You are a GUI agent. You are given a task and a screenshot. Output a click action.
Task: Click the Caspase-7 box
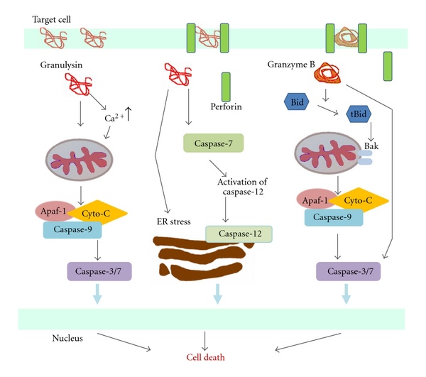click(x=214, y=144)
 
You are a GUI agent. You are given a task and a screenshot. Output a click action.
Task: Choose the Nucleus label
click(x=69, y=338)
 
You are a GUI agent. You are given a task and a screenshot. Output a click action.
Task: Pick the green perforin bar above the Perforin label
click(x=226, y=86)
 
